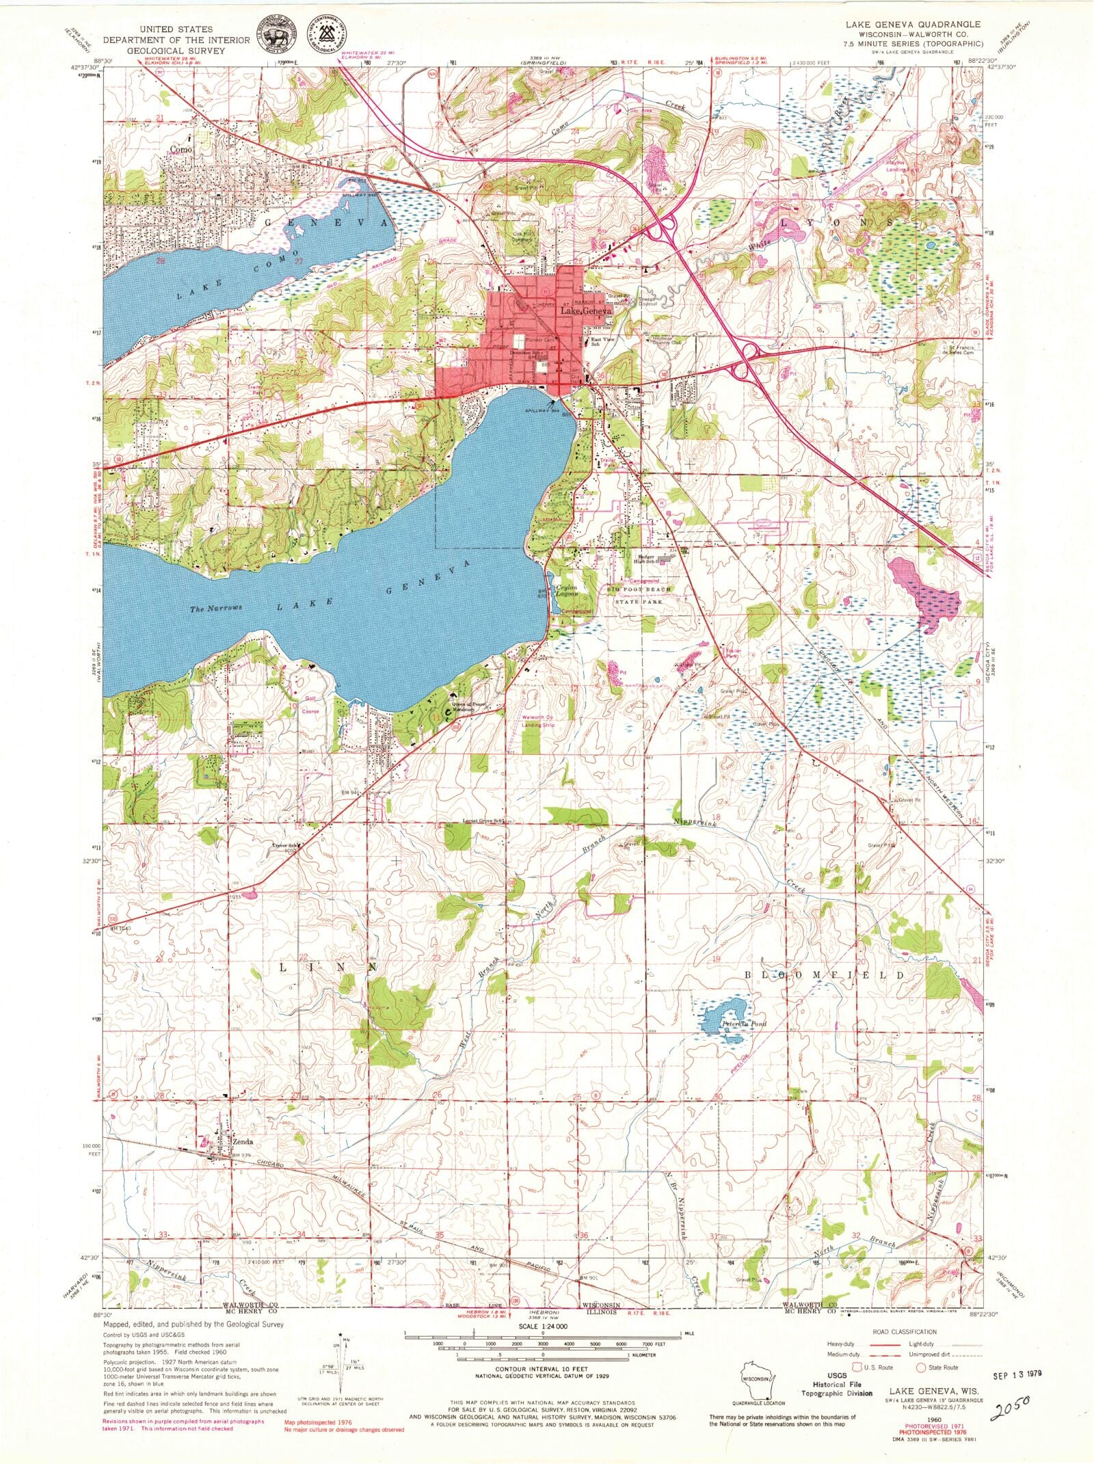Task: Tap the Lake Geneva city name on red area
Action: click(x=585, y=311)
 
